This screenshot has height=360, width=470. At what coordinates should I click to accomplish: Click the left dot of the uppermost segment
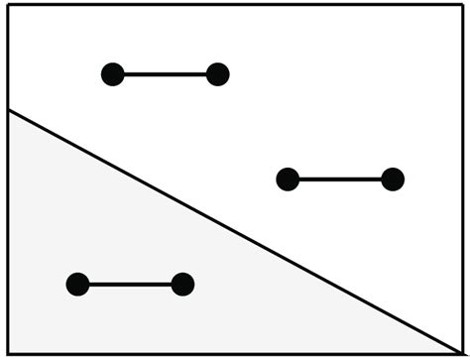[113, 74]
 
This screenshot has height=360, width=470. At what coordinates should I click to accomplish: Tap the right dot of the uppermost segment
[218, 74]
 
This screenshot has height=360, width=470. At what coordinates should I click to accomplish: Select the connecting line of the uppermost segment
[166, 74]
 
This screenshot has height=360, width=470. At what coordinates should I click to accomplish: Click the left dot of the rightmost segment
[288, 180]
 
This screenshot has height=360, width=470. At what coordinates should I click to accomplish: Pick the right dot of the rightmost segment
[393, 180]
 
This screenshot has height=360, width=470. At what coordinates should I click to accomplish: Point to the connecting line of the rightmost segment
[340, 180]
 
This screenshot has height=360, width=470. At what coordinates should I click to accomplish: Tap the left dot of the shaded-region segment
[77, 285]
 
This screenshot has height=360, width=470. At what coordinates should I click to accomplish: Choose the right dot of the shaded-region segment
[182, 285]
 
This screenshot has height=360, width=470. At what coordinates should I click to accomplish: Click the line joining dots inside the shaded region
[130, 285]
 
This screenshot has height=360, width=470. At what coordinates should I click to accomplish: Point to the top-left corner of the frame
[8, 5]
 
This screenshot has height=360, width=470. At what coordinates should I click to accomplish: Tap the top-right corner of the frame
[462, 5]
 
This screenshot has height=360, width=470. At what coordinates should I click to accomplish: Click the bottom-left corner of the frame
[8, 352]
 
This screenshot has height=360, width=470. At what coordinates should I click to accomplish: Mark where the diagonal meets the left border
[8, 110]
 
